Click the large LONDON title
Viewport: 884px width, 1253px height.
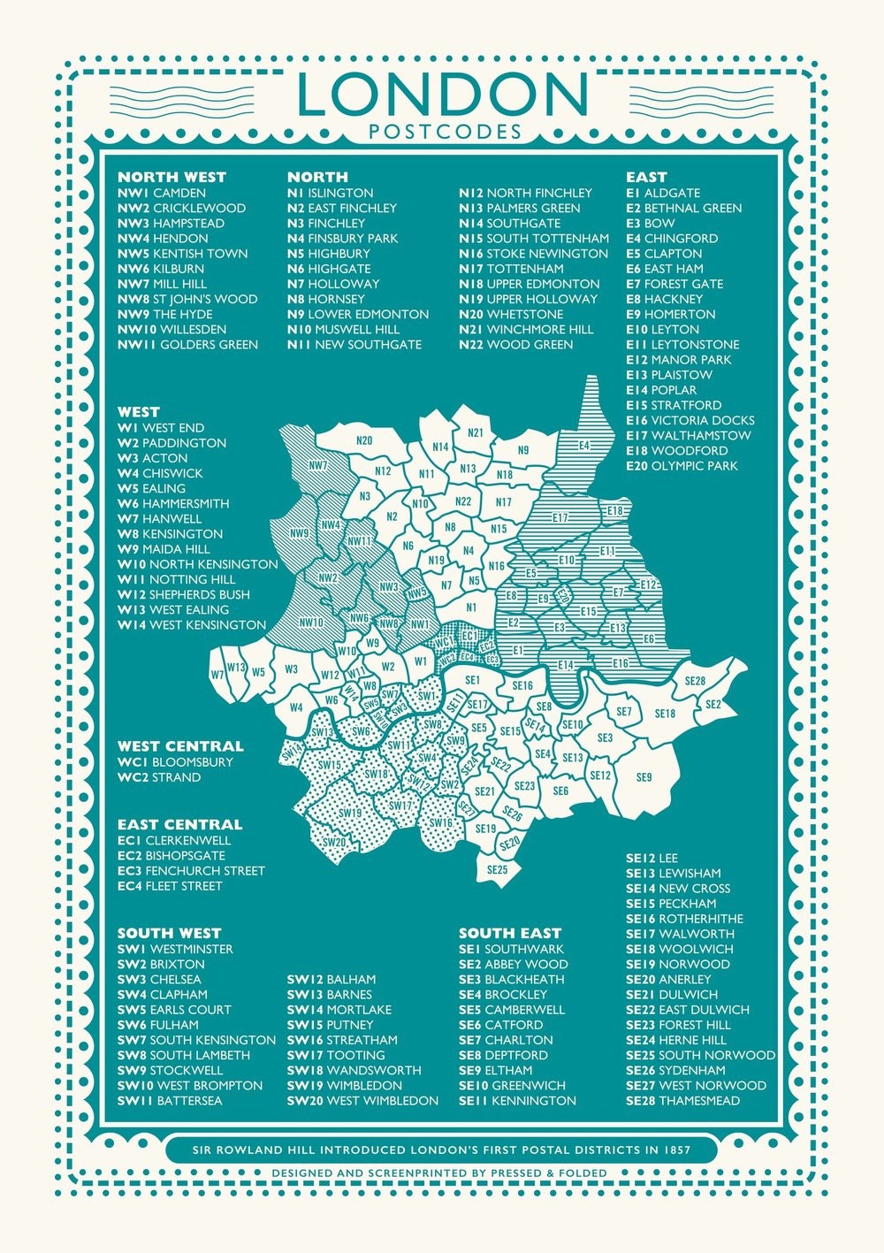(x=442, y=95)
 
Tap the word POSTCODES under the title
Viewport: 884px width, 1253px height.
(x=442, y=133)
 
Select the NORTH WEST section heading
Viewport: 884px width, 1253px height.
(x=171, y=177)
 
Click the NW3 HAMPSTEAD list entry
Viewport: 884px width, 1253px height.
(x=171, y=223)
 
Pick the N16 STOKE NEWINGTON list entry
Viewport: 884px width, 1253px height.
(x=533, y=253)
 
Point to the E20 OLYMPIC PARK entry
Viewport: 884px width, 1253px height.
(x=681, y=465)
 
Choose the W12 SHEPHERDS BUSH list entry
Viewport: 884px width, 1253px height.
(x=184, y=594)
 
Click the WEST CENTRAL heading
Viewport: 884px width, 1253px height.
(x=180, y=746)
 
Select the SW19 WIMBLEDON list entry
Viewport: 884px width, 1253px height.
(x=344, y=1085)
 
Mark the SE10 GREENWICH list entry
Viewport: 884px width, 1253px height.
(x=511, y=1085)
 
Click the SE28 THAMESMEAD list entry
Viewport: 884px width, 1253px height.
(x=683, y=1100)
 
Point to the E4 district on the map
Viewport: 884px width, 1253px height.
(x=584, y=445)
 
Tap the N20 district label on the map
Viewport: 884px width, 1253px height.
(x=363, y=440)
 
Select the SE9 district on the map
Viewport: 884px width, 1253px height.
(x=644, y=776)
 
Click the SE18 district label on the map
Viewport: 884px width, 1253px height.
(x=665, y=714)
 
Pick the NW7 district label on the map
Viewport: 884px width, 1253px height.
(x=318, y=464)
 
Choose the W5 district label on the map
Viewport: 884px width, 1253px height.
(x=257, y=672)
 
